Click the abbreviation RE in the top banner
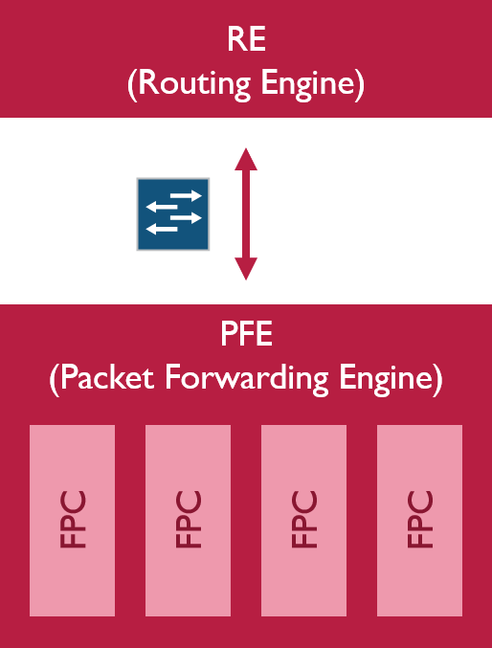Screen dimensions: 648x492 point(246,41)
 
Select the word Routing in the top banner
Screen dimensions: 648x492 point(189,83)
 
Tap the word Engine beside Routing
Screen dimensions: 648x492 point(306,83)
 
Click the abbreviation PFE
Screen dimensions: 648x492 point(246,337)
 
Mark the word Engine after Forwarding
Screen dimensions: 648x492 point(383,378)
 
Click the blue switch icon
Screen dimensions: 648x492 point(173,214)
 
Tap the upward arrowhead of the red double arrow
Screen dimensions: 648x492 point(246,158)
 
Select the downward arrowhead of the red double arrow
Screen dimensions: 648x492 point(246,270)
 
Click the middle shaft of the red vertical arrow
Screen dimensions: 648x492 point(246,214)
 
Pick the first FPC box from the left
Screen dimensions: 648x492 point(72,520)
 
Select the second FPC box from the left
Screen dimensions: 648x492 point(188,520)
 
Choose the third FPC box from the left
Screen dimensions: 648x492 point(303,520)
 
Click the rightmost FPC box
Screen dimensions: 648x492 point(419,520)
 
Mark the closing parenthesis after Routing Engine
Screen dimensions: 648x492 point(359,84)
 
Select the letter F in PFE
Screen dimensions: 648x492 point(245,337)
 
